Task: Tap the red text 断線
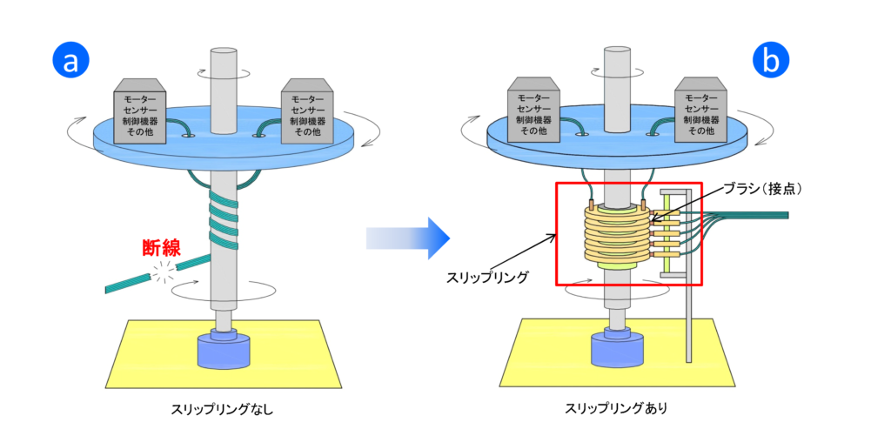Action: (x=162, y=247)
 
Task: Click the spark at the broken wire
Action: (x=163, y=274)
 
